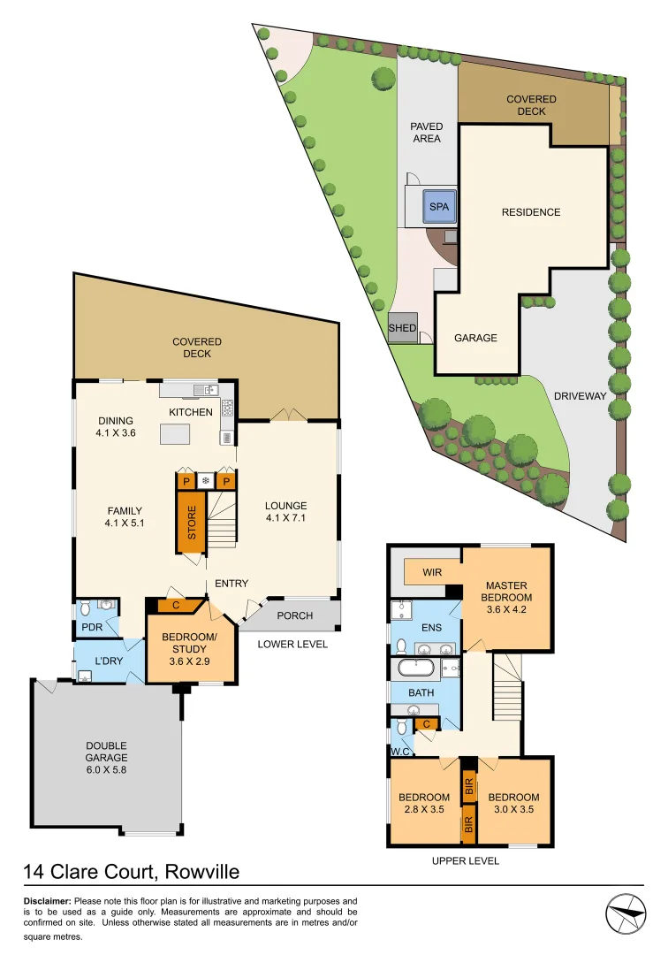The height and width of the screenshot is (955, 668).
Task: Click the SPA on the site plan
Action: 439,207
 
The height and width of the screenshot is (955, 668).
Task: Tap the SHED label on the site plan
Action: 402,328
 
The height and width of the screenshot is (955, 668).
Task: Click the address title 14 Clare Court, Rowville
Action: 131,873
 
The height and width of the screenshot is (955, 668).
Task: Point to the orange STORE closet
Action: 191,522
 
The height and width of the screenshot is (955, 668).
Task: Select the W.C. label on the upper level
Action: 400,751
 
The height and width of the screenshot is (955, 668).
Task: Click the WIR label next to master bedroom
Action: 432,572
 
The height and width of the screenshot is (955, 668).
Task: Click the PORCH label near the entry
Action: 294,615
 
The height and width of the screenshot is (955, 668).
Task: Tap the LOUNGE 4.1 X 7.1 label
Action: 286,513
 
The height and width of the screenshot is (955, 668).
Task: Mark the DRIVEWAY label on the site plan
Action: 580,396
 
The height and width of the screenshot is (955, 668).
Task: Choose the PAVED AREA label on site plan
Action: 425,133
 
